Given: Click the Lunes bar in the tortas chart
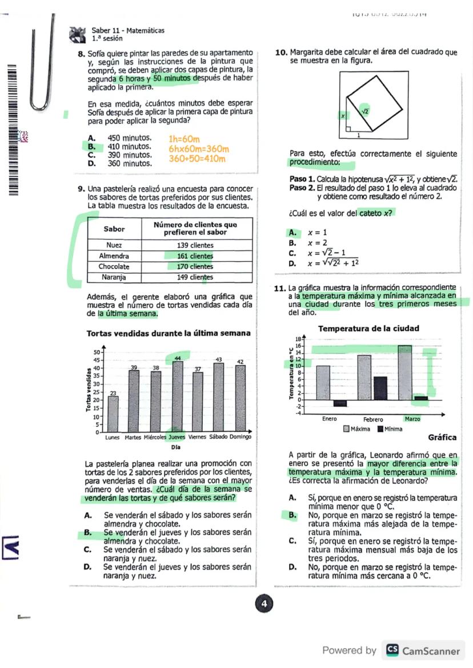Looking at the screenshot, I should pyautogui.click(x=113, y=414).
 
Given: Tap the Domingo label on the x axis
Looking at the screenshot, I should pyautogui.click(x=240, y=438).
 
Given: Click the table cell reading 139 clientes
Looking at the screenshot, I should pyautogui.click(x=195, y=245).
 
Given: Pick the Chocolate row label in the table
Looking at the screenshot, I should pyautogui.click(x=114, y=266).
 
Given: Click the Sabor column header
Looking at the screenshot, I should pyautogui.click(x=114, y=228).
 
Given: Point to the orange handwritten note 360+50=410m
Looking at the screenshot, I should pyautogui.click(x=197, y=159).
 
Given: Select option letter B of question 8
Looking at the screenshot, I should pyautogui.click(x=91, y=147).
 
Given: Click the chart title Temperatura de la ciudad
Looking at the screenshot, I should pyautogui.click(x=368, y=328).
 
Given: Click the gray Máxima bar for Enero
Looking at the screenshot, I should pyautogui.click(x=323, y=382).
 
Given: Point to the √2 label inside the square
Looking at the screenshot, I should pyautogui.click(x=364, y=112).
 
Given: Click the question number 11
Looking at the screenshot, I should pyautogui.click(x=280, y=288).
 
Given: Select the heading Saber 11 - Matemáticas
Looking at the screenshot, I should pyautogui.click(x=127, y=31).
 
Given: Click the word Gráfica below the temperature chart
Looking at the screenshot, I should pyautogui.click(x=442, y=438).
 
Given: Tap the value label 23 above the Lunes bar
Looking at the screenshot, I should pyautogui.click(x=113, y=393).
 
